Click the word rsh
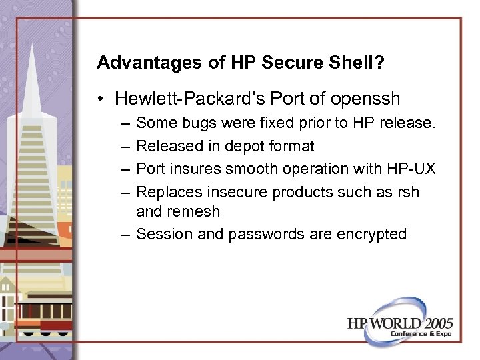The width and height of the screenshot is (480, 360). tap(407, 191)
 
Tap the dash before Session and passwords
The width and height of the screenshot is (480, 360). tap(127, 234)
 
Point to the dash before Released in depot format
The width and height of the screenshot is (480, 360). tap(127, 146)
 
